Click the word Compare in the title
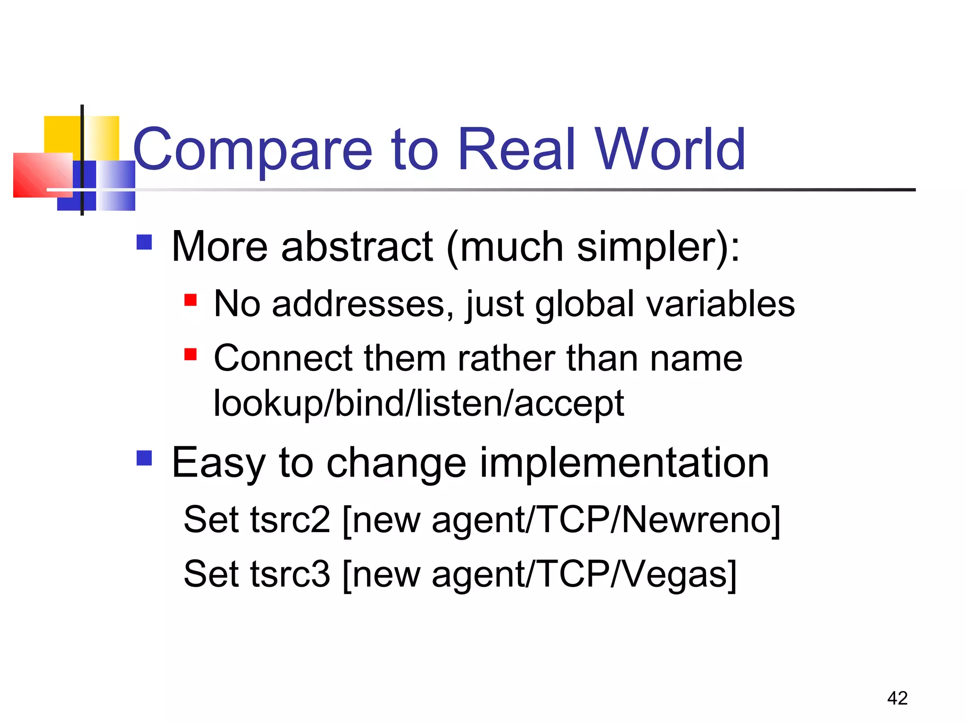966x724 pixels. pyautogui.click(x=252, y=150)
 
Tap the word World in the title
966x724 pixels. pyautogui.click(x=670, y=150)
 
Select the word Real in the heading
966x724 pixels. pyautogui.click(x=516, y=150)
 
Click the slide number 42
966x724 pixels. pyautogui.click(x=897, y=698)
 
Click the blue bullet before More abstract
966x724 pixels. pyautogui.click(x=144, y=242)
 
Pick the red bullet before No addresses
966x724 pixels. pyautogui.click(x=191, y=300)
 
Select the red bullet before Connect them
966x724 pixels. pyautogui.click(x=191, y=354)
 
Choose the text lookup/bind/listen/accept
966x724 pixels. pyautogui.click(x=419, y=403)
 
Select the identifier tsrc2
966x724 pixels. pyautogui.click(x=290, y=519)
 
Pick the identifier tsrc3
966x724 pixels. pyautogui.click(x=290, y=574)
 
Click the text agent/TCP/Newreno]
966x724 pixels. pyautogui.click(x=606, y=519)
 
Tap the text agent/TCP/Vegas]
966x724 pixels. pyautogui.click(x=584, y=574)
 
